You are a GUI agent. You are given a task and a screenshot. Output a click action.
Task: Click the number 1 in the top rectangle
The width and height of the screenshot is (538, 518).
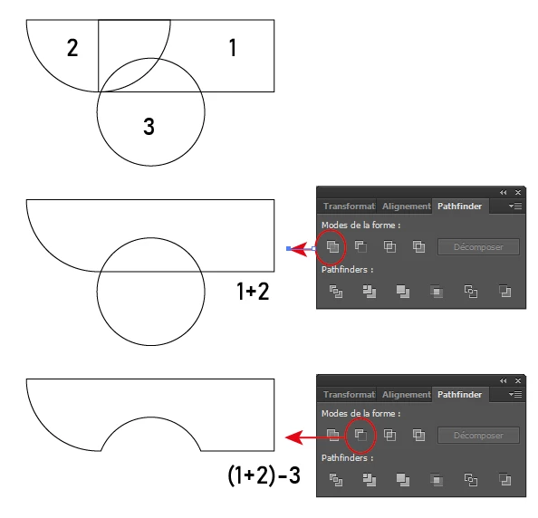(233, 47)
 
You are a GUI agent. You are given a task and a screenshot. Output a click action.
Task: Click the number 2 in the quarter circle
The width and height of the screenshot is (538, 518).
(72, 48)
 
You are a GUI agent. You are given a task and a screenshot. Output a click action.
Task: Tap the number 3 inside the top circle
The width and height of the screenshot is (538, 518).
(149, 126)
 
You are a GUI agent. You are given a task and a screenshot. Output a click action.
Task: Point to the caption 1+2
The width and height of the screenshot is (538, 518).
(253, 292)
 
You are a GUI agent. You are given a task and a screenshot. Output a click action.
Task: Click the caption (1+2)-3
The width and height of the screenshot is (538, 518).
(264, 475)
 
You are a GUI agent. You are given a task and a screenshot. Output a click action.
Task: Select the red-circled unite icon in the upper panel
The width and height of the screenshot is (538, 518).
(332, 246)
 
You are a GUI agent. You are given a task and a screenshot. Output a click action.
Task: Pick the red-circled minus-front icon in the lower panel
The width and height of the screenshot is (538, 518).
(360, 435)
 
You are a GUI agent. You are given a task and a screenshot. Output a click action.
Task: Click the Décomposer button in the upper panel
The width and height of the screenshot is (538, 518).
(478, 247)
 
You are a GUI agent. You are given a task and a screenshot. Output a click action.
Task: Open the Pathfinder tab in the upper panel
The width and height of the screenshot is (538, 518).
(460, 206)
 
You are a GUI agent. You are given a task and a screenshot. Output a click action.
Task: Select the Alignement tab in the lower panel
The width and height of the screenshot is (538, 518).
(407, 395)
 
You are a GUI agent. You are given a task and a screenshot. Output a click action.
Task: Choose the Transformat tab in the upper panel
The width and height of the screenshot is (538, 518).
(349, 206)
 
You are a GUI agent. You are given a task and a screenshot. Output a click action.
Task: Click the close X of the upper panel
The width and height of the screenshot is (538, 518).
(518, 193)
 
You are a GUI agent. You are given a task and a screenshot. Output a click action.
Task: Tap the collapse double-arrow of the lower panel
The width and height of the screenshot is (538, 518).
(504, 380)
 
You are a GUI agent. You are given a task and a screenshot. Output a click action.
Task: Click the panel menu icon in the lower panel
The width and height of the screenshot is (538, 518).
(515, 395)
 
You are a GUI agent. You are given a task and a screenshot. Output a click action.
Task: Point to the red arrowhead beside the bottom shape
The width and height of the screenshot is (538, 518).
(294, 437)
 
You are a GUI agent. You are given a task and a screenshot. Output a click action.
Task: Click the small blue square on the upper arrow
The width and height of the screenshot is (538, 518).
(288, 249)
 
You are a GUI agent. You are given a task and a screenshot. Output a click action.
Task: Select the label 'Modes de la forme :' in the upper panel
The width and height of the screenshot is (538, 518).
(361, 225)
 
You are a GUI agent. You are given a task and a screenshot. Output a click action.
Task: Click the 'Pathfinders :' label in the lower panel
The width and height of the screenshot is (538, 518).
(347, 458)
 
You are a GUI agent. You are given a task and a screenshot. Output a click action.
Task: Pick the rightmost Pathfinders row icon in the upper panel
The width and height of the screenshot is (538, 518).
(504, 292)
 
